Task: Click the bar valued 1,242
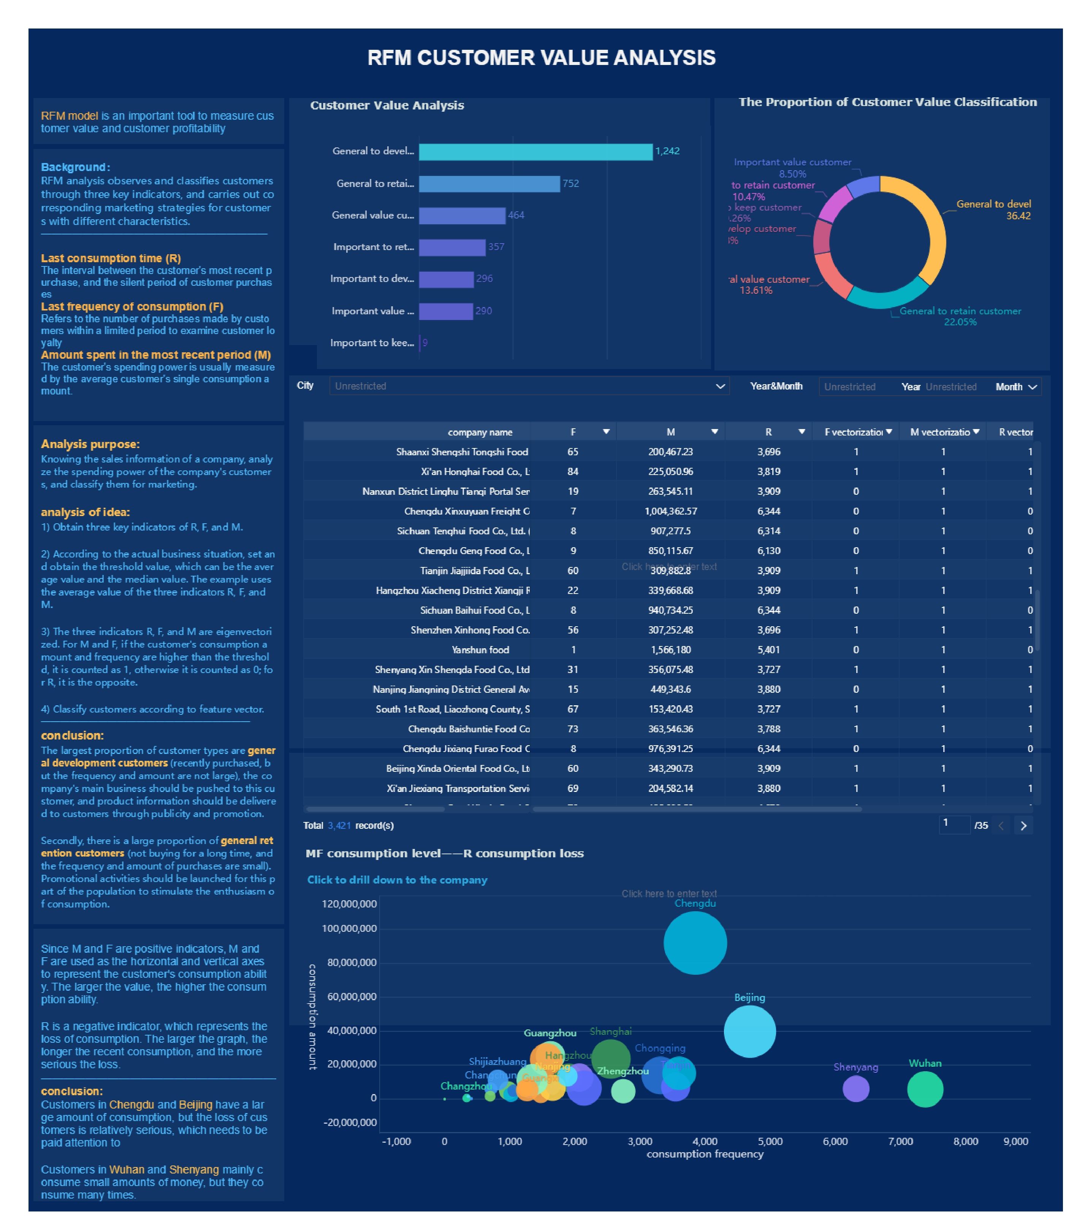click(x=535, y=152)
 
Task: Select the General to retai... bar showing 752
click(x=489, y=184)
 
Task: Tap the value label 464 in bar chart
click(x=516, y=215)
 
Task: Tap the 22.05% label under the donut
click(x=960, y=322)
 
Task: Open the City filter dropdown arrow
click(x=720, y=386)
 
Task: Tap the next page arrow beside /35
click(x=1023, y=826)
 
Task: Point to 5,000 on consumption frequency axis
click(x=770, y=1141)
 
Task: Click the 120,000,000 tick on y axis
click(x=349, y=904)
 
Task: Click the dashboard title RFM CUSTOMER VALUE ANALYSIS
click(x=541, y=58)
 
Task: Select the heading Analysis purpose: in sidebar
click(x=90, y=444)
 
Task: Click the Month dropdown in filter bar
click(x=1016, y=387)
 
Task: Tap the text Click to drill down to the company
click(x=397, y=880)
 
